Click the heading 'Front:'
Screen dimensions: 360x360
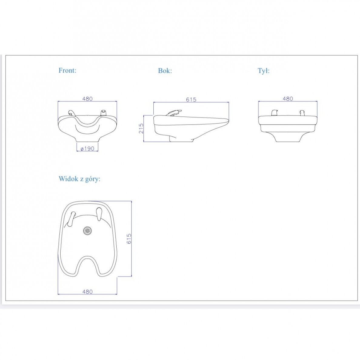tap(67, 70)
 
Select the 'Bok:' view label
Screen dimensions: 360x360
tap(165, 71)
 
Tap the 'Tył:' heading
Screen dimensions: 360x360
tap(264, 71)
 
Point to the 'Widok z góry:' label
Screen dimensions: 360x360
tap(79, 179)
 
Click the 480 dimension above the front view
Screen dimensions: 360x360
tap(88, 99)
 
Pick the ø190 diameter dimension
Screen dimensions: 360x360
tap(88, 148)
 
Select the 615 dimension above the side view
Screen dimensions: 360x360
tap(191, 99)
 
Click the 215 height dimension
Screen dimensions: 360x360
tap(141, 128)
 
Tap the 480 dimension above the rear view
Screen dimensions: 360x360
tap(288, 99)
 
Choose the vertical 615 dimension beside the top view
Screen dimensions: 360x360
tap(129, 238)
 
